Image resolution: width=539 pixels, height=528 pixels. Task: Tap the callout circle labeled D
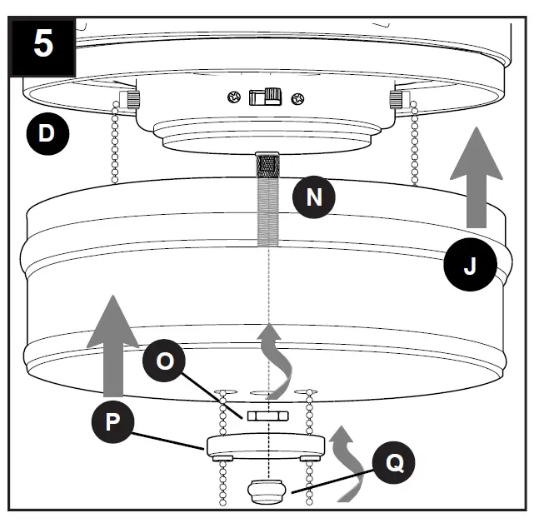(x=47, y=133)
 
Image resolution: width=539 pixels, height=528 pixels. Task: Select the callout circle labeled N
(x=313, y=198)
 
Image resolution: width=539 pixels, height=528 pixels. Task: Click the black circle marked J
(x=469, y=266)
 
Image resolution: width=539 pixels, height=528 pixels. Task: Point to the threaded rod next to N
(x=267, y=200)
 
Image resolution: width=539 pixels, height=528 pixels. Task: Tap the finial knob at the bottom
(x=267, y=491)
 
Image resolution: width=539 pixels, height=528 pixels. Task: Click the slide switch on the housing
(x=264, y=97)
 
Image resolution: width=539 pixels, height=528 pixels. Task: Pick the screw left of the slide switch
(x=236, y=98)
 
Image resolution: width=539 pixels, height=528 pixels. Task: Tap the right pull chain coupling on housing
(x=397, y=101)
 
